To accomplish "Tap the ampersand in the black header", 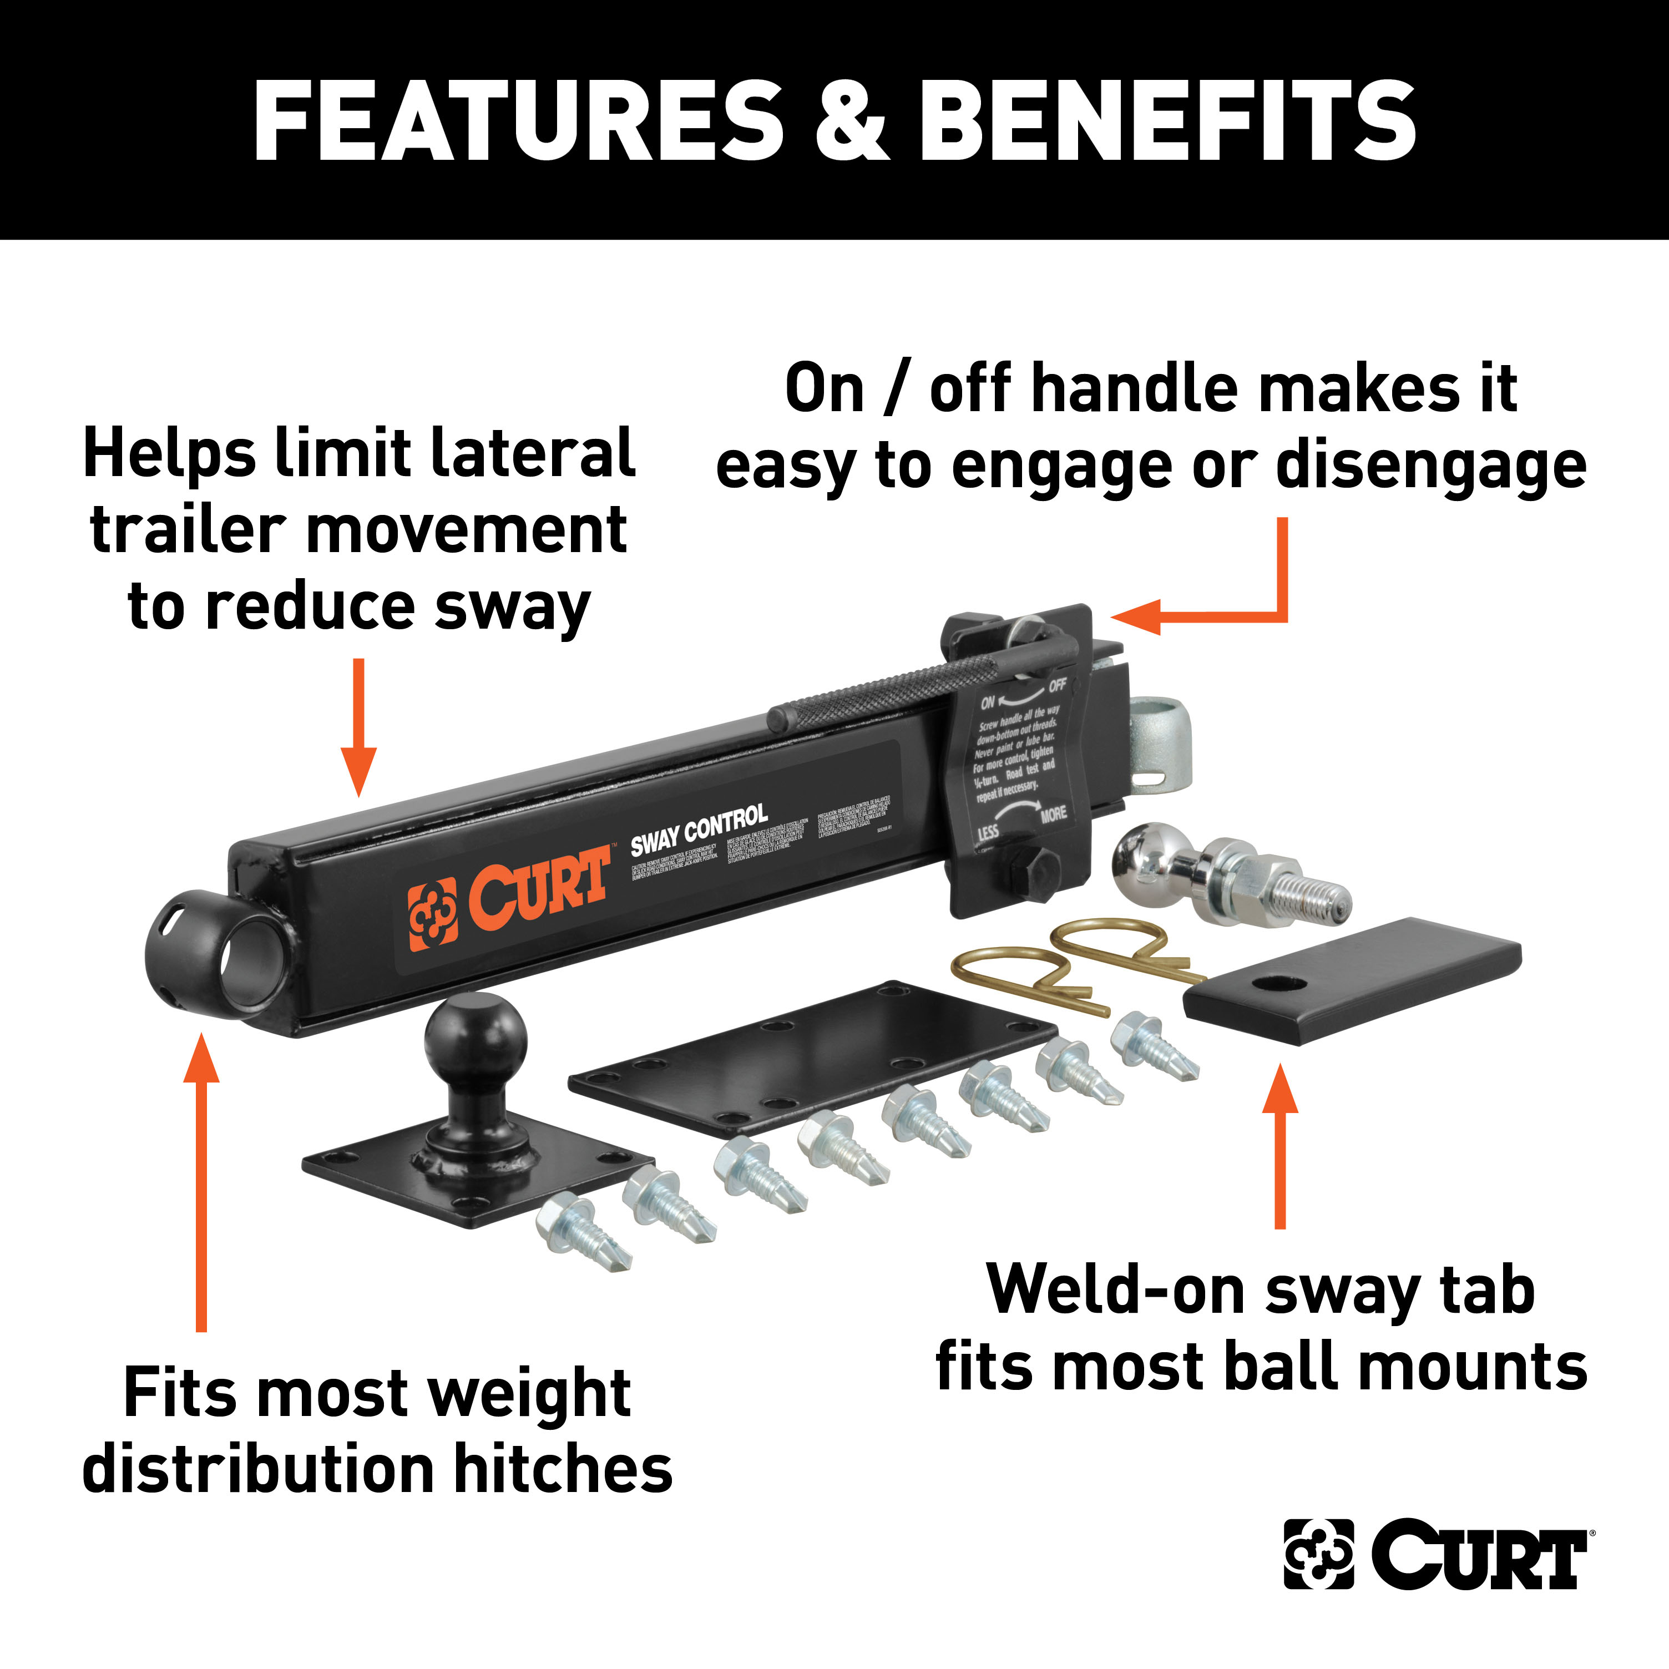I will click(x=851, y=121).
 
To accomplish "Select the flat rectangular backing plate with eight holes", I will click(x=812, y=1058).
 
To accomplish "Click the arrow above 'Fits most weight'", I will click(x=201, y=1184).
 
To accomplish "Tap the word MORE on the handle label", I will click(x=1054, y=815).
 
